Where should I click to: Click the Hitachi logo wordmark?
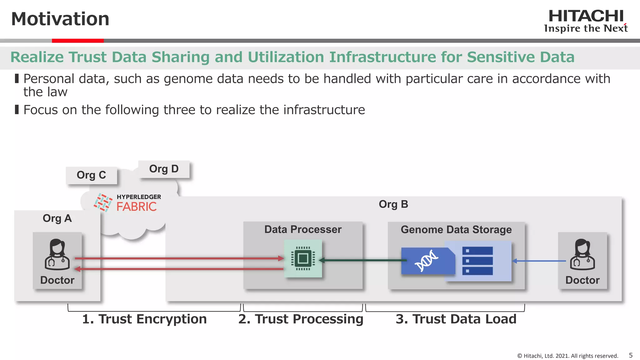tap(586, 16)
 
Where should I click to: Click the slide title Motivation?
tap(60, 19)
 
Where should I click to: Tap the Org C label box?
tap(91, 175)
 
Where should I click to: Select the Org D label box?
tap(164, 169)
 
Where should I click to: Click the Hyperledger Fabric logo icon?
tap(103, 202)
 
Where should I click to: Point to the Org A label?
tap(57, 218)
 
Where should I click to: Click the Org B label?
tap(393, 204)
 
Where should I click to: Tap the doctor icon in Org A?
tap(57, 254)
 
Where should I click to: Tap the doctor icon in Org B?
tap(582, 254)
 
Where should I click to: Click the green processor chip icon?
tap(303, 258)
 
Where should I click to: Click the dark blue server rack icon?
tap(477, 261)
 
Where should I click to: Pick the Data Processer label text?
tap(303, 229)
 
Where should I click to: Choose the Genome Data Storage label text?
tap(456, 230)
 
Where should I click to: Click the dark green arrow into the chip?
tap(362, 260)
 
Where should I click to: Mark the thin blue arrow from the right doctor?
tap(539, 261)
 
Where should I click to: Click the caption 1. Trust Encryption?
tap(144, 319)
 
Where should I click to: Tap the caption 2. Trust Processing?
tap(301, 319)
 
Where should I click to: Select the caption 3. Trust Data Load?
tap(456, 319)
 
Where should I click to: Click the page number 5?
tap(631, 355)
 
